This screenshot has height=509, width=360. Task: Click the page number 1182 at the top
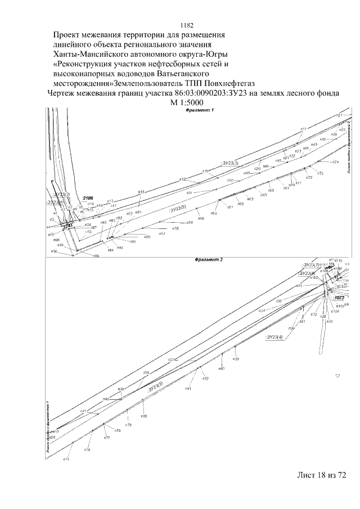click(186, 25)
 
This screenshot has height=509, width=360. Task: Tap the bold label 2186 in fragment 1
click(87, 199)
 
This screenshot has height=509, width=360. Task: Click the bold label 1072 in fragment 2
click(339, 297)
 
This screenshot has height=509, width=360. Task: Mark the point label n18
click(141, 192)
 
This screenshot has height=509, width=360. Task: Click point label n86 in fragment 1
click(96, 256)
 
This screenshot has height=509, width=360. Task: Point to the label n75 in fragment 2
click(66, 460)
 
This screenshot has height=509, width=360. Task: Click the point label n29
click(237, 359)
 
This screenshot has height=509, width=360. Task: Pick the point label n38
click(146, 373)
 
